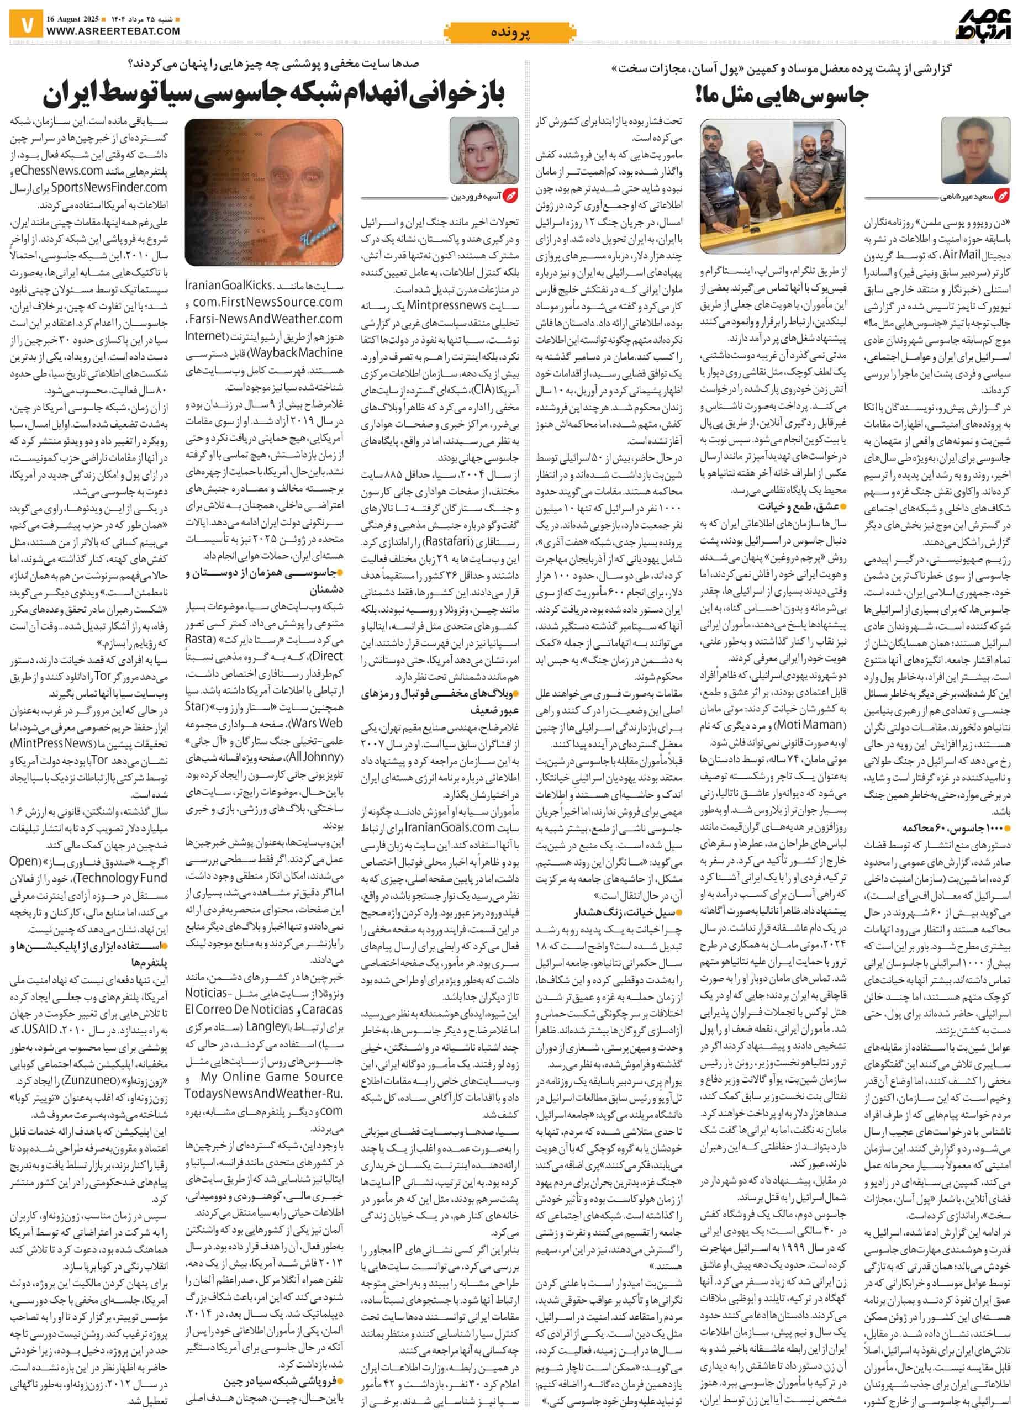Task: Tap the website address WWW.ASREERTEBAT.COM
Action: pos(113,30)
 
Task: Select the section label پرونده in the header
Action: pos(510,33)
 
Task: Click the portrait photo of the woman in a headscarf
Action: pos(484,150)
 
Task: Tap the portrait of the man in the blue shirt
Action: pos(974,150)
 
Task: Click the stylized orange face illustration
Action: pos(263,192)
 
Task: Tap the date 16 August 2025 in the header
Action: pos(70,17)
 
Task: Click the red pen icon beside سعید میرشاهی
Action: pos(1004,197)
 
